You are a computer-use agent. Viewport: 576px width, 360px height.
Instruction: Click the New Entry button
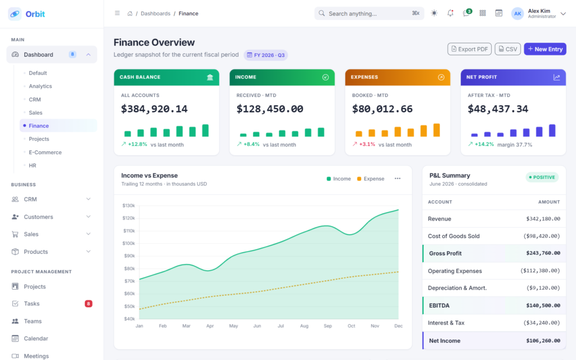(x=544, y=49)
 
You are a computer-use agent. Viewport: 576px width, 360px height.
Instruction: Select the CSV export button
(x=507, y=49)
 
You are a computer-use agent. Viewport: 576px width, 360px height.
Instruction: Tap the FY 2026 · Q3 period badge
(x=265, y=55)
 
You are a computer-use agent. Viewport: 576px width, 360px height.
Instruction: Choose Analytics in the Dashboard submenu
(x=40, y=86)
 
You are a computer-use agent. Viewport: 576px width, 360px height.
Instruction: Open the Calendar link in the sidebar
(x=36, y=338)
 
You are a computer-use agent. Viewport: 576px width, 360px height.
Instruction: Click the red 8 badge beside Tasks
(x=88, y=303)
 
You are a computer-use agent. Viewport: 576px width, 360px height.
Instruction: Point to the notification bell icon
(x=450, y=13)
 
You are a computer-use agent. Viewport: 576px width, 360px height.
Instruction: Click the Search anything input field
(x=369, y=13)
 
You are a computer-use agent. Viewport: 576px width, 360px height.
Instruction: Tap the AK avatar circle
(x=517, y=13)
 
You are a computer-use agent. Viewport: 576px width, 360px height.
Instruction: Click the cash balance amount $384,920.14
(x=154, y=109)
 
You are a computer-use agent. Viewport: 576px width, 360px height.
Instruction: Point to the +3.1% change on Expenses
(x=367, y=145)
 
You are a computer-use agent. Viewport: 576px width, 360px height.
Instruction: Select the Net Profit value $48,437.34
(x=498, y=109)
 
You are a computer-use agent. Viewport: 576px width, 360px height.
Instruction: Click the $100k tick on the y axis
(x=129, y=243)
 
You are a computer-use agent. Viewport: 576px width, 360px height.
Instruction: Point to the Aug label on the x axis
(x=304, y=326)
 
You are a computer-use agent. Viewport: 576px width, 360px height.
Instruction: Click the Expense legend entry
(x=371, y=178)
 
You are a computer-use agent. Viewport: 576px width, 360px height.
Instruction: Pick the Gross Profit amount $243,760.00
(x=543, y=253)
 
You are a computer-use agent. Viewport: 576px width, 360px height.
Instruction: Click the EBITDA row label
(x=439, y=305)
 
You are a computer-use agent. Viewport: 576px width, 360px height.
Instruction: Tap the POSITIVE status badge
(x=542, y=177)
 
